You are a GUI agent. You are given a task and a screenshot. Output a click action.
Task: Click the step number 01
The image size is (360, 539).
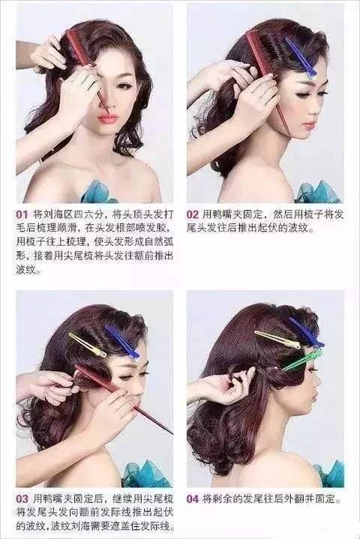click(x=21, y=215)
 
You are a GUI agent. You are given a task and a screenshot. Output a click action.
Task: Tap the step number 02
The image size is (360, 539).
click(x=193, y=215)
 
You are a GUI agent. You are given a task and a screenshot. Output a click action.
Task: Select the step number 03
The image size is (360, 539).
click(x=22, y=499)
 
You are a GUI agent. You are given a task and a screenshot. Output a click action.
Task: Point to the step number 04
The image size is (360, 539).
click(x=193, y=499)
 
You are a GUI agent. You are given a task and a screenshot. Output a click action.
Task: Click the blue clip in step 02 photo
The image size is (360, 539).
click(x=301, y=57)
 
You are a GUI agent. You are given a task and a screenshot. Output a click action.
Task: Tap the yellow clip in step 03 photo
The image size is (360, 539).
click(x=87, y=345)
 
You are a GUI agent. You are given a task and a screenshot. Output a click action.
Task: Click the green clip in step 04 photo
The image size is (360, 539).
click(x=302, y=360)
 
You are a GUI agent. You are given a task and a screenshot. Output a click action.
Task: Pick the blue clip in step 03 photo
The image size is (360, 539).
click(x=122, y=341)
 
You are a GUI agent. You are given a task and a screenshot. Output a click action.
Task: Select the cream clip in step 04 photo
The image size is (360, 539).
click(x=277, y=340)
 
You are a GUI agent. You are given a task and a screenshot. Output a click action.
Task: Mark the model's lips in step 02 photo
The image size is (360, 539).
click(x=309, y=124)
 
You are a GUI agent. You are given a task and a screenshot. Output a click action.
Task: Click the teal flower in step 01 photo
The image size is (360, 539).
click(x=98, y=191)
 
